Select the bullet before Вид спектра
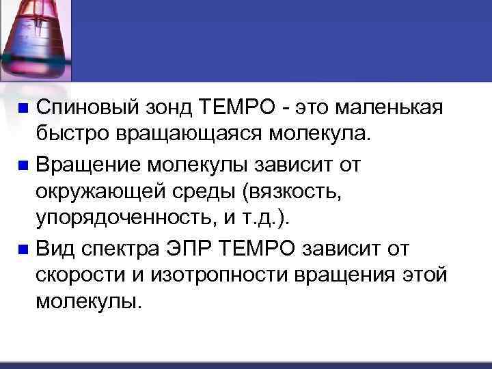point(24,250)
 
